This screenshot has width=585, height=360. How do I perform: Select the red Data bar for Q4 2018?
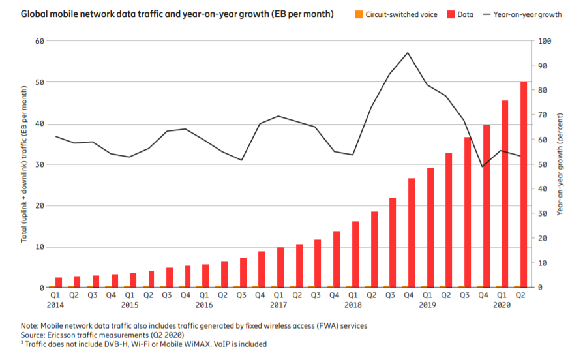pos(412,232)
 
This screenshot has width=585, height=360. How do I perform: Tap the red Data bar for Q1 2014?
pos(59,282)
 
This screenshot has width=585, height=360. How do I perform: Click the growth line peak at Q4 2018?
pos(408,53)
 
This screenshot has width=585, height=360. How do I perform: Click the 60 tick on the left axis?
pos(38,41)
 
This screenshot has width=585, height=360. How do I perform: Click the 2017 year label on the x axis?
pos(279,305)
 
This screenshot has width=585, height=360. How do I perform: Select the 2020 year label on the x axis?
pos(502,305)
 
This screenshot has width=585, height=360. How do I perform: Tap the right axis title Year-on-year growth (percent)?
pos(560,164)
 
